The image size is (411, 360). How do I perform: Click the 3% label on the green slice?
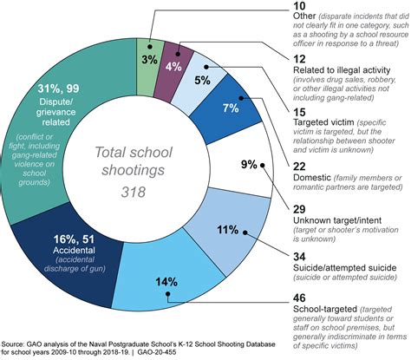(150, 60)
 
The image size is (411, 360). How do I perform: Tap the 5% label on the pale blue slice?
(201, 81)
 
